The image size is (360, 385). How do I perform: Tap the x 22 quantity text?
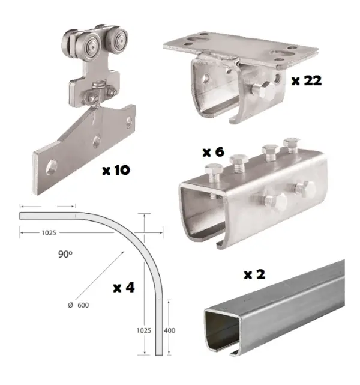pos(307,80)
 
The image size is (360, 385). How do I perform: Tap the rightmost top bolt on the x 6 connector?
pos(291,145)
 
